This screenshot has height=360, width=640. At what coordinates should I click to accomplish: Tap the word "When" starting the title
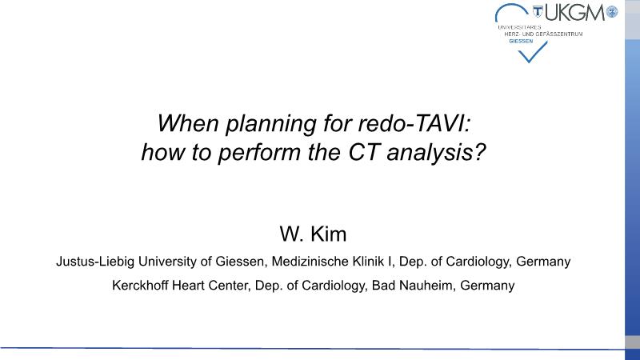coord(188,123)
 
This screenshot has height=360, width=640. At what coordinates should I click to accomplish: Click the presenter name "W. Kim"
coord(313,234)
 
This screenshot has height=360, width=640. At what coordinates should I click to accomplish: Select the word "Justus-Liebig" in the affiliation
coord(95,262)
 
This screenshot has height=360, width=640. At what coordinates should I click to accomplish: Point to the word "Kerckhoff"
coord(140,286)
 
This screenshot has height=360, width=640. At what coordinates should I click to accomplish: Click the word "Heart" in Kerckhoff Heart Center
coord(188,286)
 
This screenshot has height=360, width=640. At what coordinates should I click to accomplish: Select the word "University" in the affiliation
coord(168,262)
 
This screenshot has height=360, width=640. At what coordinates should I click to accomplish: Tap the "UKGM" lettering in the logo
coord(574,13)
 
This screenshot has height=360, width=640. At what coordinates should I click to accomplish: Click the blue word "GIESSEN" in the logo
coord(521,42)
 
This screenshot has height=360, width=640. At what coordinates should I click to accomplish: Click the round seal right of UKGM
coord(611,12)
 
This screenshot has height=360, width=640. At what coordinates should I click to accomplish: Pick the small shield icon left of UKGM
coord(538,12)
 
